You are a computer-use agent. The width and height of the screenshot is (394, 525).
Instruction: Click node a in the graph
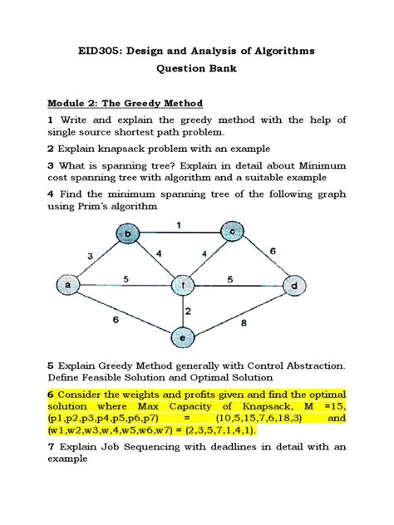click(65, 285)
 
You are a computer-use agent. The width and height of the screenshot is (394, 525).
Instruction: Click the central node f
click(182, 285)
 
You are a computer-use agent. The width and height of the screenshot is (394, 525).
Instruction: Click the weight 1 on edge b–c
click(178, 223)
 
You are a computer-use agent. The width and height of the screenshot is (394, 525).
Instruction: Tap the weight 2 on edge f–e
click(189, 312)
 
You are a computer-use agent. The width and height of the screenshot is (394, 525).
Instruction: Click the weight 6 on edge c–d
click(273, 250)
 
